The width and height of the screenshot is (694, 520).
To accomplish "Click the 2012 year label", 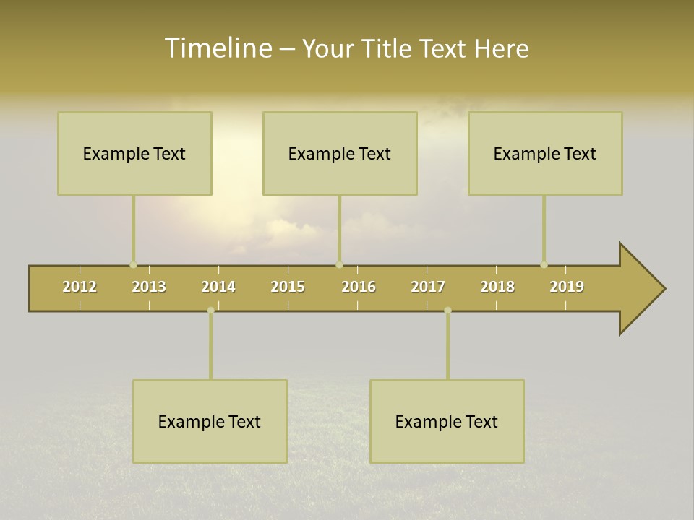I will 80,287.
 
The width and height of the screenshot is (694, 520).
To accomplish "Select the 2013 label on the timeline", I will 149,287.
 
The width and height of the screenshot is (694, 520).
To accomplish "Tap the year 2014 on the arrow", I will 218,287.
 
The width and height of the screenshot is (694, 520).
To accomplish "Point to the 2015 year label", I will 288,287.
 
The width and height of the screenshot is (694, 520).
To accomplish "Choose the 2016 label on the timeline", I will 359,287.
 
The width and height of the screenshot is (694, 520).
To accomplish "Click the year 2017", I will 428,287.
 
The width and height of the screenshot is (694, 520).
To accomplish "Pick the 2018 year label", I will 497,287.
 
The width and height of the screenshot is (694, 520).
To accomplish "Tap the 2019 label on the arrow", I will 567,287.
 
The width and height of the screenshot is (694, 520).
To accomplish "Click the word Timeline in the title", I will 217,48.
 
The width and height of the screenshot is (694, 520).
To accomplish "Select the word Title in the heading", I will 390,48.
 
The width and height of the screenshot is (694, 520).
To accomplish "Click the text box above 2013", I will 134,153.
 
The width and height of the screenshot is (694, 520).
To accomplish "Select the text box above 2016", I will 340,153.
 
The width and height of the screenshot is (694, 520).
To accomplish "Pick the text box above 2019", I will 545,153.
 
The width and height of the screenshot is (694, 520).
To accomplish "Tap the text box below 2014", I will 210,421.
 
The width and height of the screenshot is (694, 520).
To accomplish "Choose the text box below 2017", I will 447,421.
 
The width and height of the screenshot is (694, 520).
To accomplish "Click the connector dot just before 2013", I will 133,264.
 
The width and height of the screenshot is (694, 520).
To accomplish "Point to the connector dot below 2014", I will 210,310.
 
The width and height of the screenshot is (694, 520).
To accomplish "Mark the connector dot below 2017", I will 447,310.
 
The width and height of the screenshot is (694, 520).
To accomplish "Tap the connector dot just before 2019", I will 544,264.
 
